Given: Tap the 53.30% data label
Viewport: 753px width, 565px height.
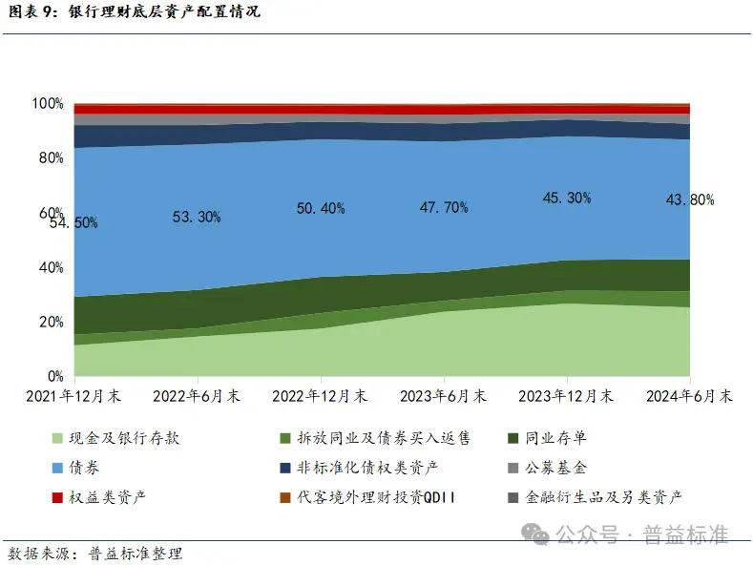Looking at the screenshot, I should pyautogui.click(x=197, y=217).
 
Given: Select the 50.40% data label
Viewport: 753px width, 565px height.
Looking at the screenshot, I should pyautogui.click(x=321, y=208).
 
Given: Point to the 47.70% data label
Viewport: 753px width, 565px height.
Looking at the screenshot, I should pyautogui.click(x=444, y=207).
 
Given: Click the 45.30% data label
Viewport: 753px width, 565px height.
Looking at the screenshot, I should pyautogui.click(x=567, y=198).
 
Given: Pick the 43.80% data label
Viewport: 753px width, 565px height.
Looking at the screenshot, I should pyautogui.click(x=690, y=199).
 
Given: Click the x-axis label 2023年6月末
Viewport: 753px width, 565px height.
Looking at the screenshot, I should pyautogui.click(x=444, y=395).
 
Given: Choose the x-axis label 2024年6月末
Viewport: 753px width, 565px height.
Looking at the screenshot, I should pyautogui.click(x=689, y=395).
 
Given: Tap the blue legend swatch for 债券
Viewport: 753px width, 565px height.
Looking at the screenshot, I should pyautogui.click(x=57, y=468).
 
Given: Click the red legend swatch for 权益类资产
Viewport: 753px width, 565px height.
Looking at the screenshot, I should pyautogui.click(x=57, y=497).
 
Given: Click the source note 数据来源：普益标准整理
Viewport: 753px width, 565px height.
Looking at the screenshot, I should pyautogui.click(x=94, y=553).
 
